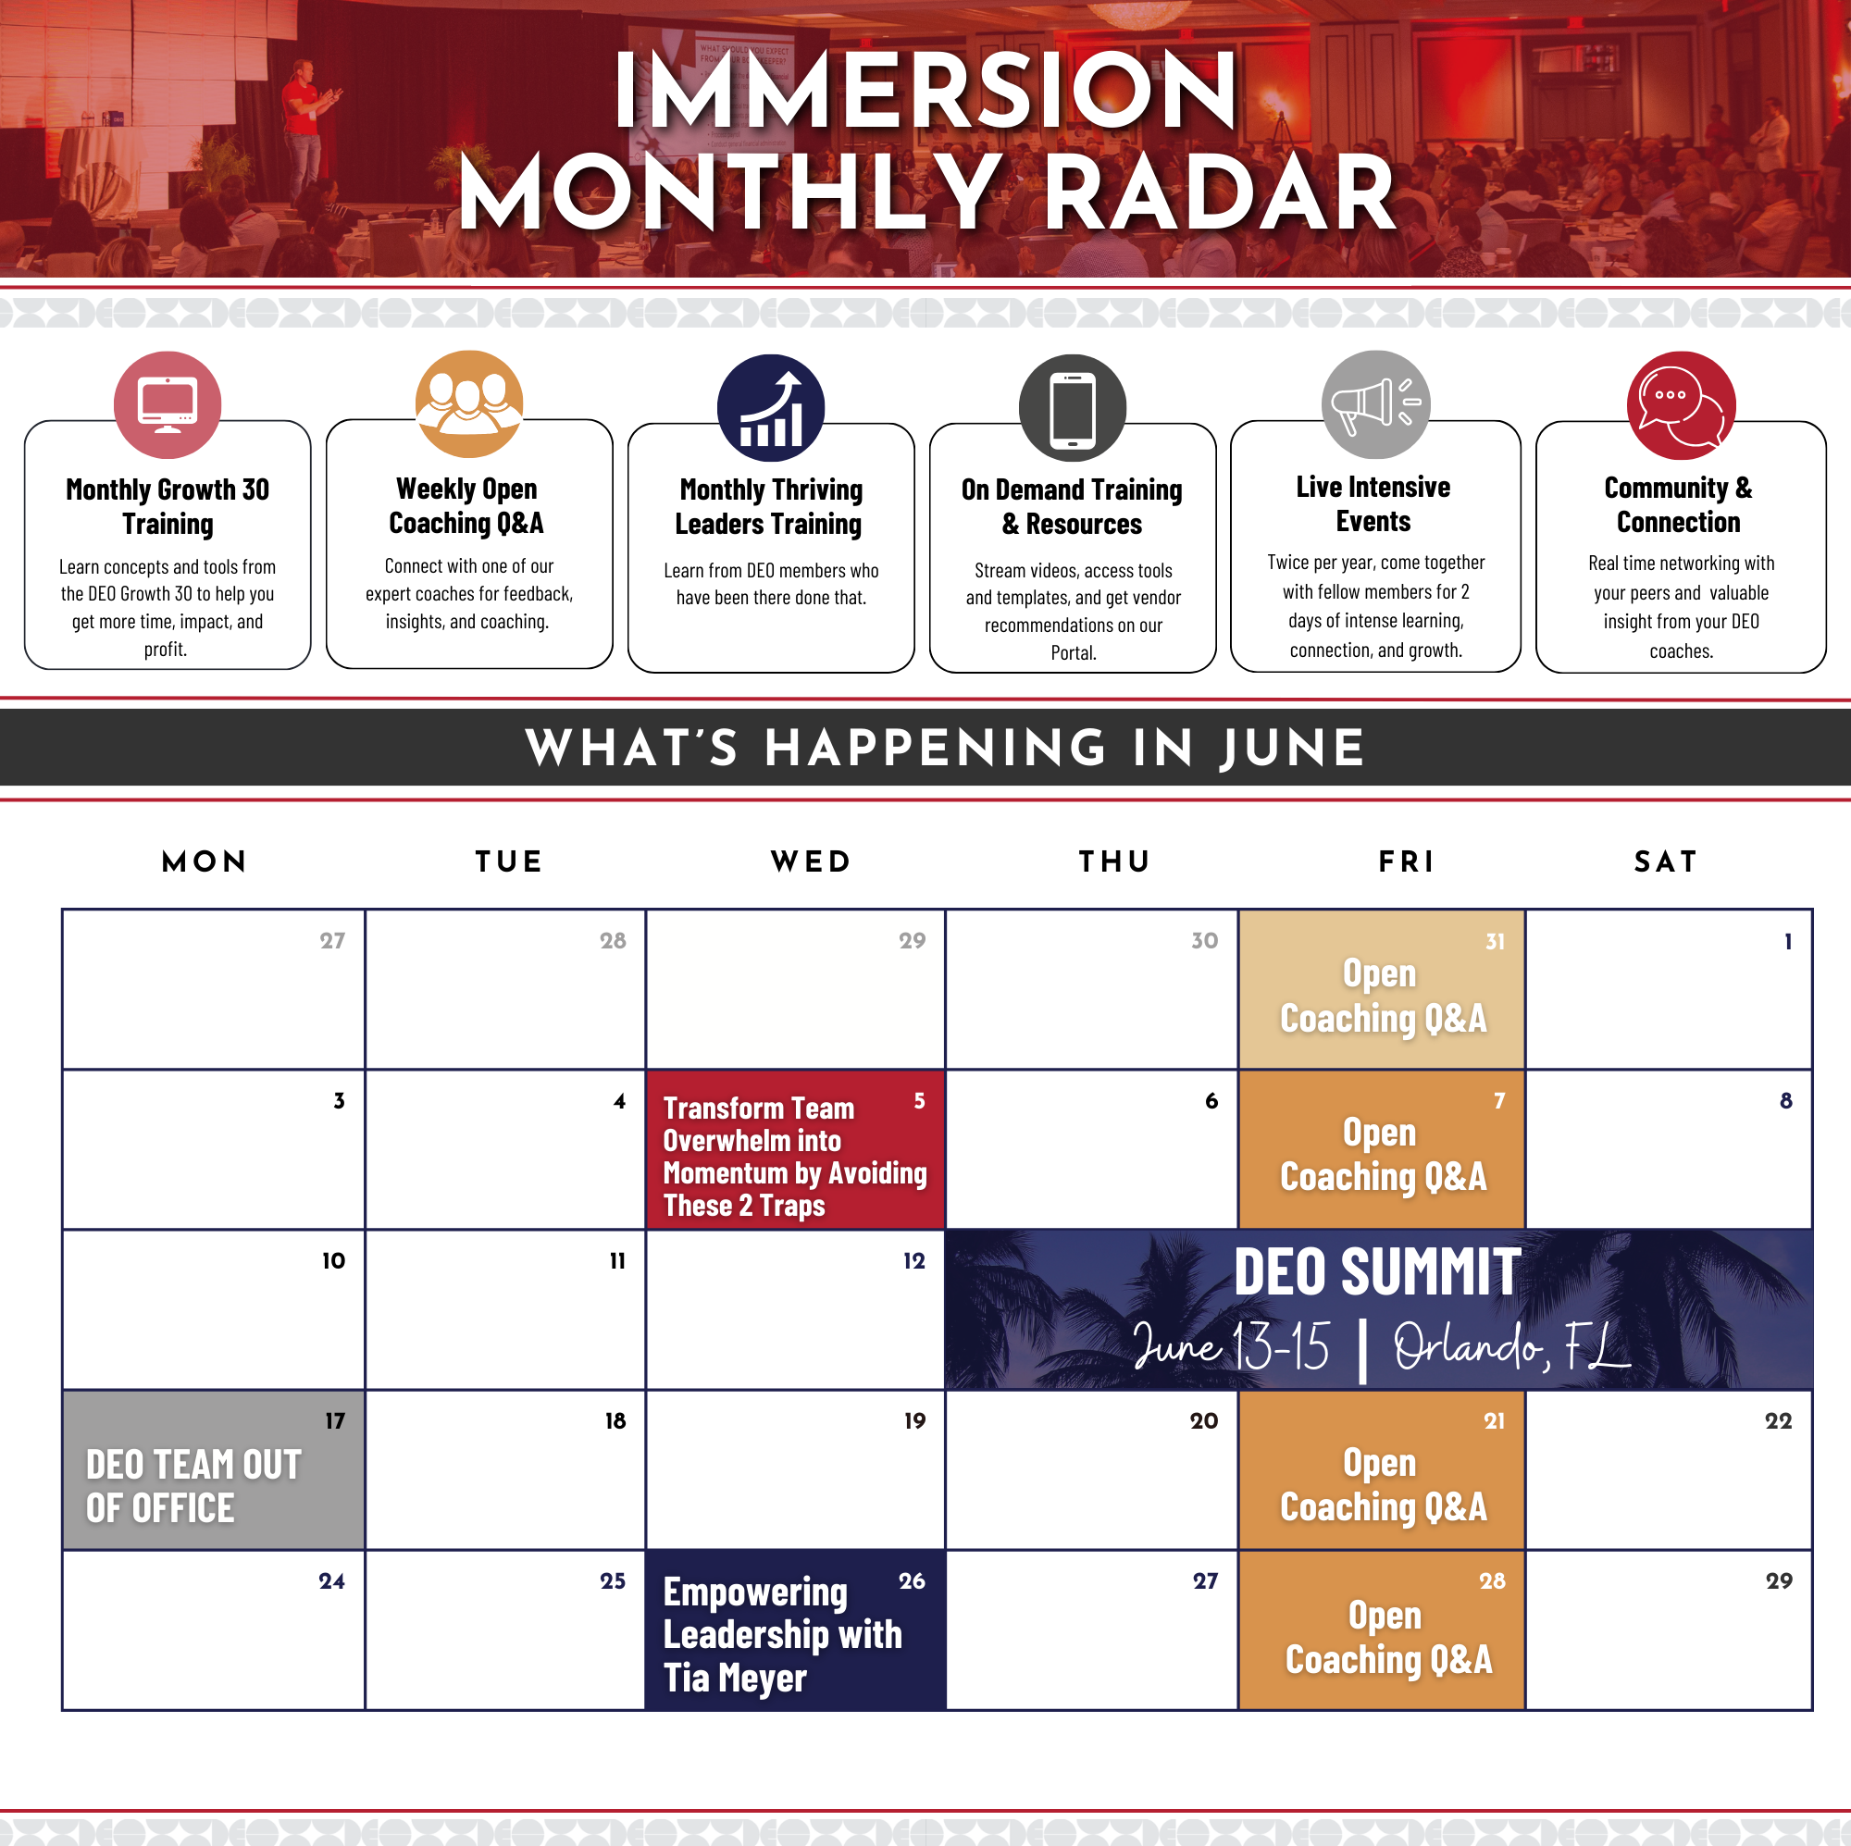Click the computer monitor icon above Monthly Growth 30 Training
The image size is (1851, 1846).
pyautogui.click(x=168, y=404)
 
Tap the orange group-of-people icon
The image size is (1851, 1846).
pyautogui.click(x=468, y=403)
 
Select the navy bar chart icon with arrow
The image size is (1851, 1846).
pyautogui.click(x=770, y=408)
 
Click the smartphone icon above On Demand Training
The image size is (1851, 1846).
pyautogui.click(x=1072, y=408)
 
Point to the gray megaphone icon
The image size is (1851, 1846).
pyautogui.click(x=1376, y=404)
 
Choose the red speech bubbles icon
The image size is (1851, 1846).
pyautogui.click(x=1681, y=405)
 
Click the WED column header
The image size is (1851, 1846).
pyautogui.click(x=811, y=861)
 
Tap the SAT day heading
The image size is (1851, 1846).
pyautogui.click(x=1665, y=861)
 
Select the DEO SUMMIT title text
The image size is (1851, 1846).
pyautogui.click(x=1377, y=1272)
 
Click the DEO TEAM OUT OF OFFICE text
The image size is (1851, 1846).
pyautogui.click(x=193, y=1486)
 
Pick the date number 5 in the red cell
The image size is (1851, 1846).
pyautogui.click(x=919, y=1101)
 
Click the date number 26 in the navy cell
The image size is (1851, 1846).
pyautogui.click(x=911, y=1580)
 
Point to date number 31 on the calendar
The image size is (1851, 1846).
pyautogui.click(x=1495, y=942)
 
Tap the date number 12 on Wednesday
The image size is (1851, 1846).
pyautogui.click(x=914, y=1260)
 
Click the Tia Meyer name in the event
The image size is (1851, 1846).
pyautogui.click(x=735, y=1678)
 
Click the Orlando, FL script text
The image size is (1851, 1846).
pyautogui.click(x=1511, y=1346)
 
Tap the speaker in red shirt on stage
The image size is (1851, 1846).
pyautogui.click(x=306, y=130)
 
